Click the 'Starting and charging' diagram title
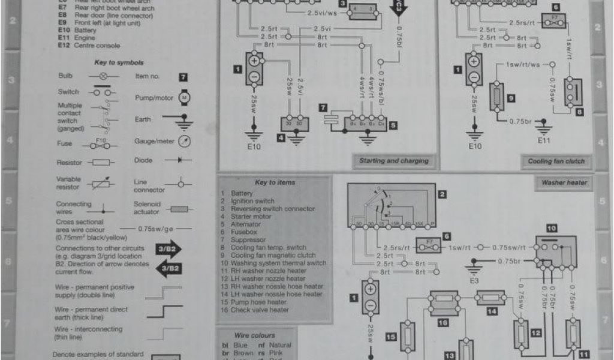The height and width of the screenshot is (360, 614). [x=394, y=161]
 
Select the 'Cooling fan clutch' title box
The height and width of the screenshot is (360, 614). [x=556, y=161]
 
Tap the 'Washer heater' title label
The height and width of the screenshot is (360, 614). [x=564, y=182]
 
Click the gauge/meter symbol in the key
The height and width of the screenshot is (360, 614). [x=185, y=142]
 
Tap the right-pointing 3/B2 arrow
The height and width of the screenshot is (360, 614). [x=168, y=249]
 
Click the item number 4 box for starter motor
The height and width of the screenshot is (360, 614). [x=281, y=137]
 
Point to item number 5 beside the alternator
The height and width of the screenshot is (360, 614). [x=393, y=126]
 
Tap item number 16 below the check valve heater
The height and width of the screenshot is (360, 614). [x=443, y=323]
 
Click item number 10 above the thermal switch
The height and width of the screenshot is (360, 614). [x=552, y=229]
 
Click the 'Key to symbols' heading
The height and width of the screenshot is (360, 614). [x=119, y=62]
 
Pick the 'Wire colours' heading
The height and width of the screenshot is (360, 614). [x=255, y=335]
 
